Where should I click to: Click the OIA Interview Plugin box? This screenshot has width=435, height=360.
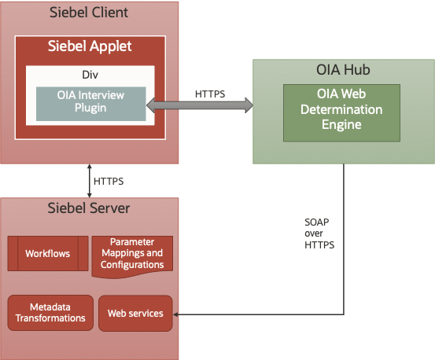tap(91, 103)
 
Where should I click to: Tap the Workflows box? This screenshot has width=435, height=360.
tap(47, 254)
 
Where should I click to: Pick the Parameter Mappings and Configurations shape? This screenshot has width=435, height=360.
tap(131, 254)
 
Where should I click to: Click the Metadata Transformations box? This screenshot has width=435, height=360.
tap(50, 312)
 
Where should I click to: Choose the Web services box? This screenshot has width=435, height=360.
tap(135, 313)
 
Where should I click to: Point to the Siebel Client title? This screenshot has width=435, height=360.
tap(89, 13)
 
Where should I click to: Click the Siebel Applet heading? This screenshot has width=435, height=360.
tap(89, 46)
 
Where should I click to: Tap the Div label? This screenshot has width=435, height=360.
tap(90, 76)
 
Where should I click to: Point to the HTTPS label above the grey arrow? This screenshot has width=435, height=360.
tap(210, 94)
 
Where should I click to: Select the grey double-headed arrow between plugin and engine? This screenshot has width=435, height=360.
tap(200, 105)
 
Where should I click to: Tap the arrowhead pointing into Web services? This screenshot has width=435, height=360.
tap(179, 314)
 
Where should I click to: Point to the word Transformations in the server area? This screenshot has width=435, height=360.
tap(50, 318)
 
